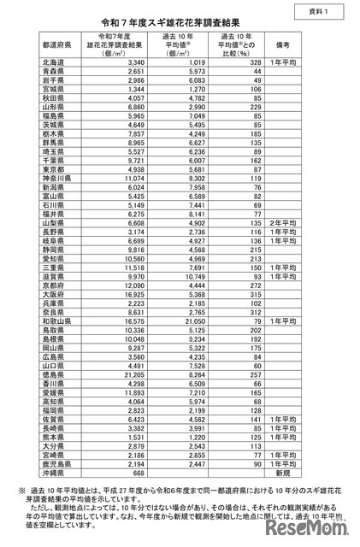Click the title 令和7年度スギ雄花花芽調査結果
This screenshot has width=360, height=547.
[x=180, y=23]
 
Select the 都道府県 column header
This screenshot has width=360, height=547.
[x=56, y=47]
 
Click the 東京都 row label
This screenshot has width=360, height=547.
[x=50, y=168]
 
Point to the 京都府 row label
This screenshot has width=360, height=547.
[x=50, y=281]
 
